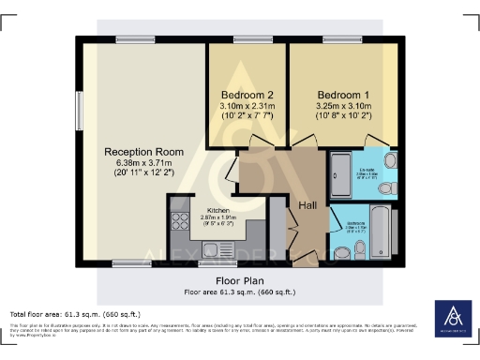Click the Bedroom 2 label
pos(247,96)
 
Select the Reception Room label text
pos(143,151)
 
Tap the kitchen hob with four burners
pos(179,225)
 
